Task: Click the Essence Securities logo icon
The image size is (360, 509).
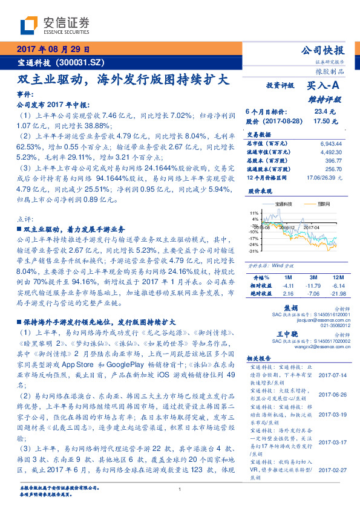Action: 30,25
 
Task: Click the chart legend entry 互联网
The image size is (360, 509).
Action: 324,205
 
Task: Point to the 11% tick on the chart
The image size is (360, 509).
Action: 254,214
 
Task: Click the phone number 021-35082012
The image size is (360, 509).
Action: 332,325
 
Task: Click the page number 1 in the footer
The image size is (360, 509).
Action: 180,491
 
